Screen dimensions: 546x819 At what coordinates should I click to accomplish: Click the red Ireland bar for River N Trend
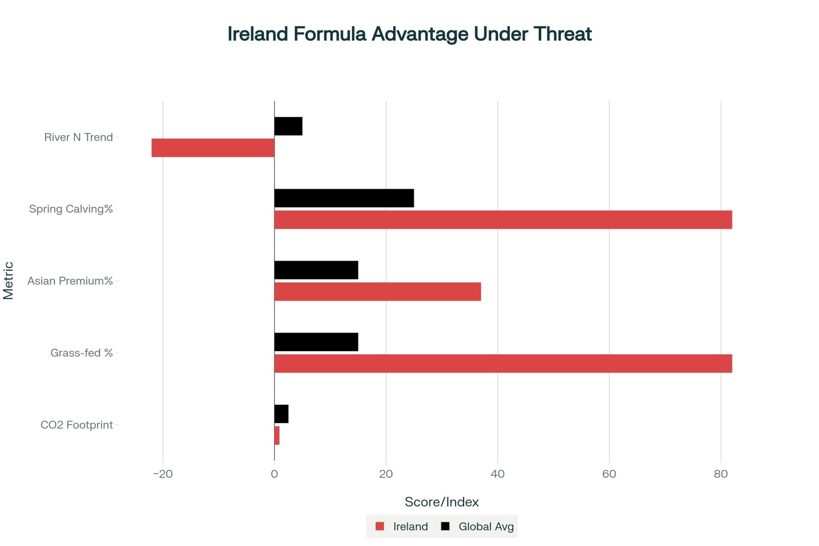click(213, 148)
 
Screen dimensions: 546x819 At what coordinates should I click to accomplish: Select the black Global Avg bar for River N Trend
click(288, 126)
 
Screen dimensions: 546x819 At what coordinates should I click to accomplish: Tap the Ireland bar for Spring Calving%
click(503, 220)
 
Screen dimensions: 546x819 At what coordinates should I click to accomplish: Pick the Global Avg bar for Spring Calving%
click(344, 198)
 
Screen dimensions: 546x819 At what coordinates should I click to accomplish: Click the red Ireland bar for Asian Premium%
click(378, 292)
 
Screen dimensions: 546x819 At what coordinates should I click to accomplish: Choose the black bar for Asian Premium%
click(316, 270)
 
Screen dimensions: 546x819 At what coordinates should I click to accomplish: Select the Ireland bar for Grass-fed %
click(503, 364)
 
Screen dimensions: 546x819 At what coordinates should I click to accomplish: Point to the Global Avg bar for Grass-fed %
click(316, 342)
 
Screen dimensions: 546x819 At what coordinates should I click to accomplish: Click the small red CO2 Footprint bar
click(277, 435)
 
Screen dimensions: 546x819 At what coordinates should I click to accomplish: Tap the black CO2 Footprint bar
click(281, 414)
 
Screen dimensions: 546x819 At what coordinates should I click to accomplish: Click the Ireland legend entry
click(402, 526)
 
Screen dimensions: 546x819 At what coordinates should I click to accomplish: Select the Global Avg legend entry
click(477, 526)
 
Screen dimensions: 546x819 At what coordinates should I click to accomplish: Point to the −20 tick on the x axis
click(163, 474)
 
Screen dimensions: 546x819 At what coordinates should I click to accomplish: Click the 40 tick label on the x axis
click(498, 474)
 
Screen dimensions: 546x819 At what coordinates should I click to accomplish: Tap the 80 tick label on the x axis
click(721, 474)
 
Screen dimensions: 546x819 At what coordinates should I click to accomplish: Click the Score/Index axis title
click(441, 502)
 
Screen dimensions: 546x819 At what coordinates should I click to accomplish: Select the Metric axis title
click(9, 281)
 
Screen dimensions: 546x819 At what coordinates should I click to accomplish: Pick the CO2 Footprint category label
click(77, 425)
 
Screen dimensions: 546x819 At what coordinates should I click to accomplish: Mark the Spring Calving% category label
click(71, 209)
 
